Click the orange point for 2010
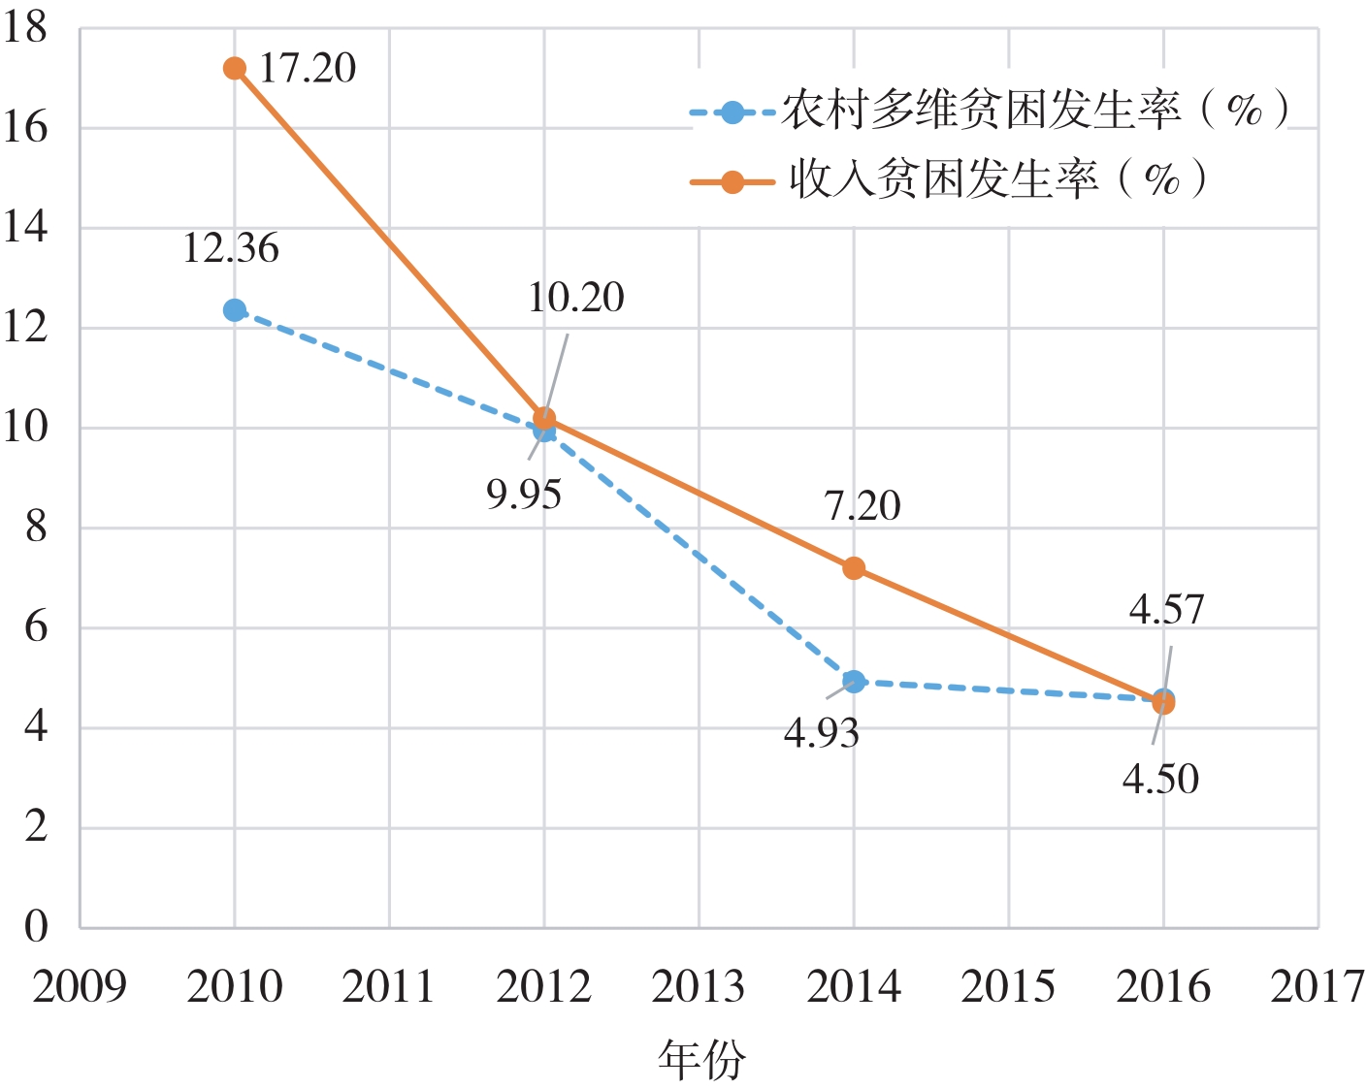[234, 68]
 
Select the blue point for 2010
[234, 310]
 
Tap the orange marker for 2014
[854, 568]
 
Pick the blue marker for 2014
[854, 682]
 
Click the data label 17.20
[308, 69]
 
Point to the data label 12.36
[231, 249]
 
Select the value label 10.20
[575, 298]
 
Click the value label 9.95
[524, 495]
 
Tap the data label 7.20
[863, 506]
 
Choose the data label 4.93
[822, 734]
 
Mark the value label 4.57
[1166, 610]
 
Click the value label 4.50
[1160, 780]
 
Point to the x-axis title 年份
[701, 1059]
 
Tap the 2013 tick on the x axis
[699, 987]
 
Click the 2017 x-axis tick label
[1317, 987]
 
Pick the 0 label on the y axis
[36, 927]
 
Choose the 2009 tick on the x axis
[80, 987]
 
